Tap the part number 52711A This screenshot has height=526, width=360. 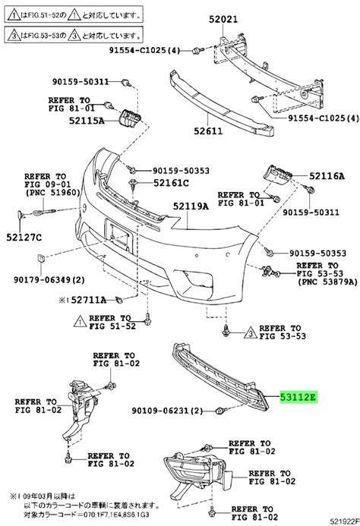point(89,300)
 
